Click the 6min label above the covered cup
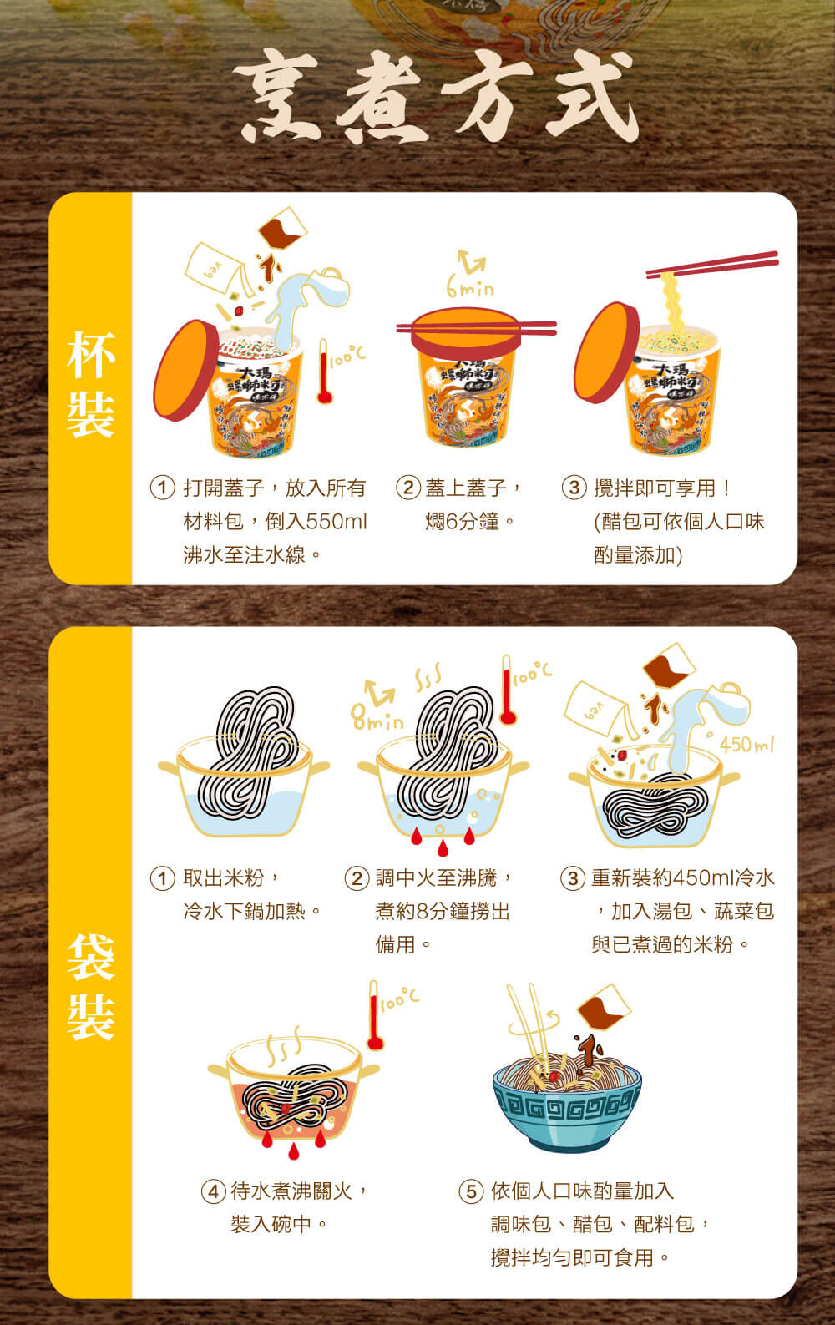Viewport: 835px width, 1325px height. pyautogui.click(x=470, y=287)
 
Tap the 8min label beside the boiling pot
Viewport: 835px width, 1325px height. pyautogui.click(x=377, y=718)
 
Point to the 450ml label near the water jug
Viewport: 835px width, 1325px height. pyautogui.click(x=746, y=745)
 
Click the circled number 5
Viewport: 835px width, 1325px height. pyautogui.click(x=471, y=1191)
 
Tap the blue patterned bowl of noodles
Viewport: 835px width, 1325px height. pyautogui.click(x=566, y=1103)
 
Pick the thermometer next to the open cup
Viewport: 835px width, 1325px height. pyautogui.click(x=324, y=371)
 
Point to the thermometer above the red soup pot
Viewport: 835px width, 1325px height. pyautogui.click(x=374, y=1015)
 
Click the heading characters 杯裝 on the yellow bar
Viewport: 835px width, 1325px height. pyautogui.click(x=90, y=385)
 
